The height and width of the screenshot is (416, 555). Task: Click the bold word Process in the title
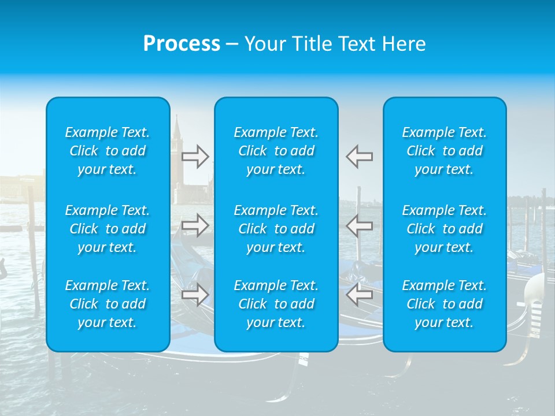coord(182,44)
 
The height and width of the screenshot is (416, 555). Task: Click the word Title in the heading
coord(313,44)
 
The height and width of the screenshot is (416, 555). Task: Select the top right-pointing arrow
coord(195,157)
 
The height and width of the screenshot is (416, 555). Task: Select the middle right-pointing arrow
coord(195,225)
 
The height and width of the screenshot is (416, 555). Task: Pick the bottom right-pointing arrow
coord(195,295)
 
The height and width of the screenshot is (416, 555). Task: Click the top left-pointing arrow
coord(360,157)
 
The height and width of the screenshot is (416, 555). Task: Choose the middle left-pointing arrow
coord(360,225)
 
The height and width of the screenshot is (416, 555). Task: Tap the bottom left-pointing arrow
coord(360,295)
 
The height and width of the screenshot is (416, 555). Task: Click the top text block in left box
coord(108,151)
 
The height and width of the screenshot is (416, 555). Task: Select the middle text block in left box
coord(108,229)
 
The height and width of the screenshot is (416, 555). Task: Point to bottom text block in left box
coord(108,304)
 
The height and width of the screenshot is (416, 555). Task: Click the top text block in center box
coord(276,151)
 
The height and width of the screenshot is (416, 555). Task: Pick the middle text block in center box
coord(276,229)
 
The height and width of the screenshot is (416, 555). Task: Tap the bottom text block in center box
coord(276,304)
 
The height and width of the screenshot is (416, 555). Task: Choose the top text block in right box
coord(444,151)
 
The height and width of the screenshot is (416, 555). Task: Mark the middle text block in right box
coord(444,229)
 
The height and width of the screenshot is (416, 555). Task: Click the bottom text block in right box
coord(444,304)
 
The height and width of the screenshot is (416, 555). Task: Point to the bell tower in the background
coord(177,150)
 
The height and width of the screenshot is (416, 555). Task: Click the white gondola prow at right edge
coord(536,295)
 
